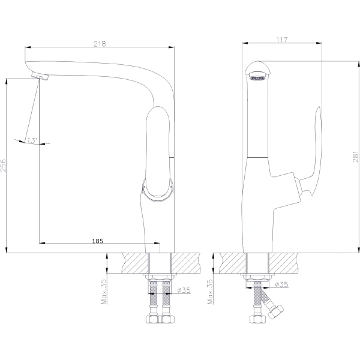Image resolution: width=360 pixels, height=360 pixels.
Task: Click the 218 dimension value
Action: [100, 44]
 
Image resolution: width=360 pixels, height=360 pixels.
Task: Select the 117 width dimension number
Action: [282, 40]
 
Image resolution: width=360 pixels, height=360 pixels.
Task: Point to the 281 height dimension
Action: [355, 157]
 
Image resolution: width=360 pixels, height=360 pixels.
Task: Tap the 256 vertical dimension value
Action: [3, 166]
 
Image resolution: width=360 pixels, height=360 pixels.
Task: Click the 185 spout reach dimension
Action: [98, 241]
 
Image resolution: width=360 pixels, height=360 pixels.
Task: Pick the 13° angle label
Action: [32, 140]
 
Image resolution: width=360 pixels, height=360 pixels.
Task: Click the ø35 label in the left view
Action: [184, 290]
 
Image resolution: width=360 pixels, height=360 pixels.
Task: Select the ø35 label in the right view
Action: [281, 284]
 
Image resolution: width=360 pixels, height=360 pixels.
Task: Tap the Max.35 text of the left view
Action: [104, 292]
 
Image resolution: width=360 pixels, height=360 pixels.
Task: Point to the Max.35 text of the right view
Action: [210, 292]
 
